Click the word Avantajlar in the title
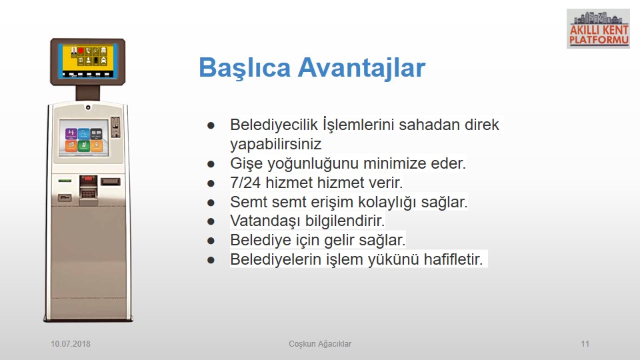(361, 68)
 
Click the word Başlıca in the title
(245, 68)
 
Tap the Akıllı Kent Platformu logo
(598, 29)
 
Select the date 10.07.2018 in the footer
(71, 344)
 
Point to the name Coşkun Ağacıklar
(320, 344)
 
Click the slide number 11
(585, 344)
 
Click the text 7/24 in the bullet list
(245, 183)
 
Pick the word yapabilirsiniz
(276, 144)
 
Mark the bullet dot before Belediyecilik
(211, 125)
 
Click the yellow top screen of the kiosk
(87, 61)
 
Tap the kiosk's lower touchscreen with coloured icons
(84, 138)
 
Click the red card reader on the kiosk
(88, 180)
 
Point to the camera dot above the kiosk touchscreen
(88, 108)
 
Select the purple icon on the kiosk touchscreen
(71, 133)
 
